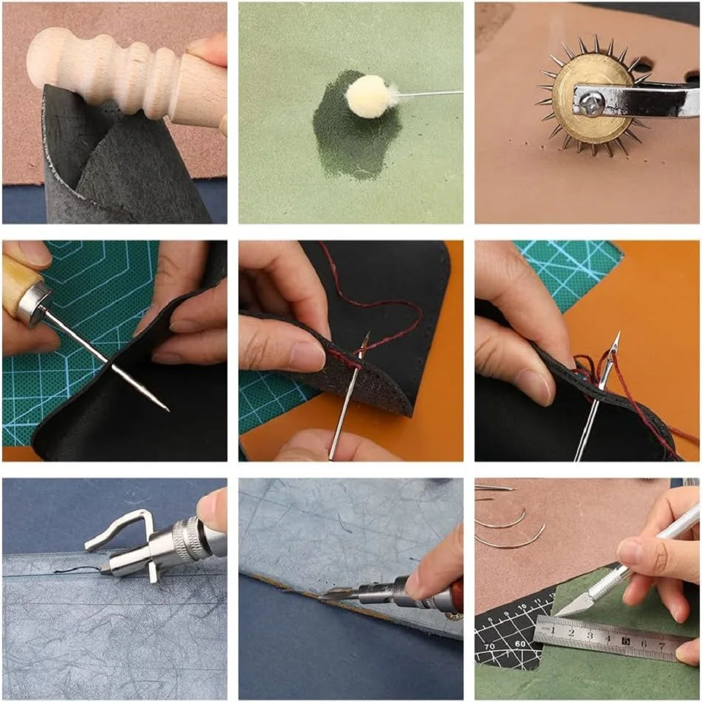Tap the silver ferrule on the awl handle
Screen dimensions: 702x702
(34, 301)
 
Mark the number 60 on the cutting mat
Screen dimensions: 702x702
(521, 644)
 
